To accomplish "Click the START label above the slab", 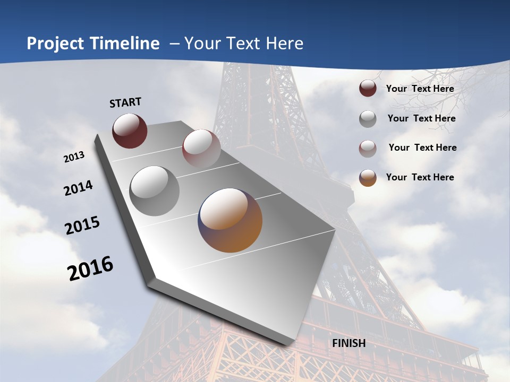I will tap(125, 102).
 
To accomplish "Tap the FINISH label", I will tap(349, 343).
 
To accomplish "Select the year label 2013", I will tap(74, 157).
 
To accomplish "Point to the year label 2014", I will tap(79, 188).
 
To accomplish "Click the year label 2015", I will tap(82, 225).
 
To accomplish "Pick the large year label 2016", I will tap(91, 268).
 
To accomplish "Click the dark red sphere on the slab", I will tap(130, 131).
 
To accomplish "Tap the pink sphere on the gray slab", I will tap(201, 148).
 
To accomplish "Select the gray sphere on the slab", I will tap(155, 190).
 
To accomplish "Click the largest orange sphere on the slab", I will tap(230, 220).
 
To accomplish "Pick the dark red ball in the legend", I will tap(368, 88).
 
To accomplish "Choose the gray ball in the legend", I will tap(368, 119).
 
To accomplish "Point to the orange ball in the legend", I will tap(368, 178).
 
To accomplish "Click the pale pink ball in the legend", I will tap(368, 149).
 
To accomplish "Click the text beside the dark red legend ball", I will tap(420, 89).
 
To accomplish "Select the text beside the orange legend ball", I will tap(420, 177).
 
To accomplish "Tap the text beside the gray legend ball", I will tap(422, 118).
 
